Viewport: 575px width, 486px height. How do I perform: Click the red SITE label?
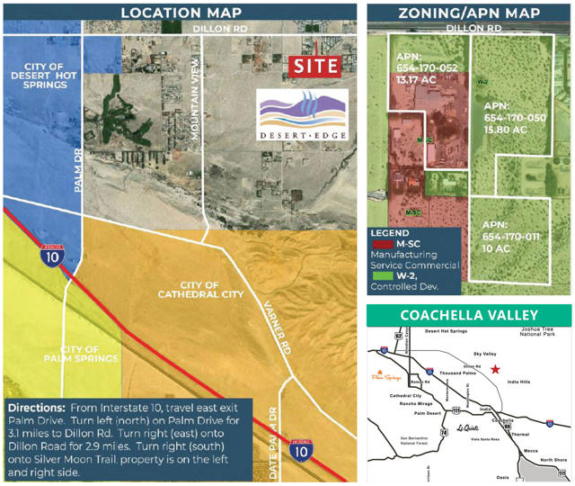pos(316,66)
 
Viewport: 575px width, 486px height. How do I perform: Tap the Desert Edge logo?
pos(301,118)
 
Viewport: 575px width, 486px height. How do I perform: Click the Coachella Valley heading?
pos(469,315)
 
